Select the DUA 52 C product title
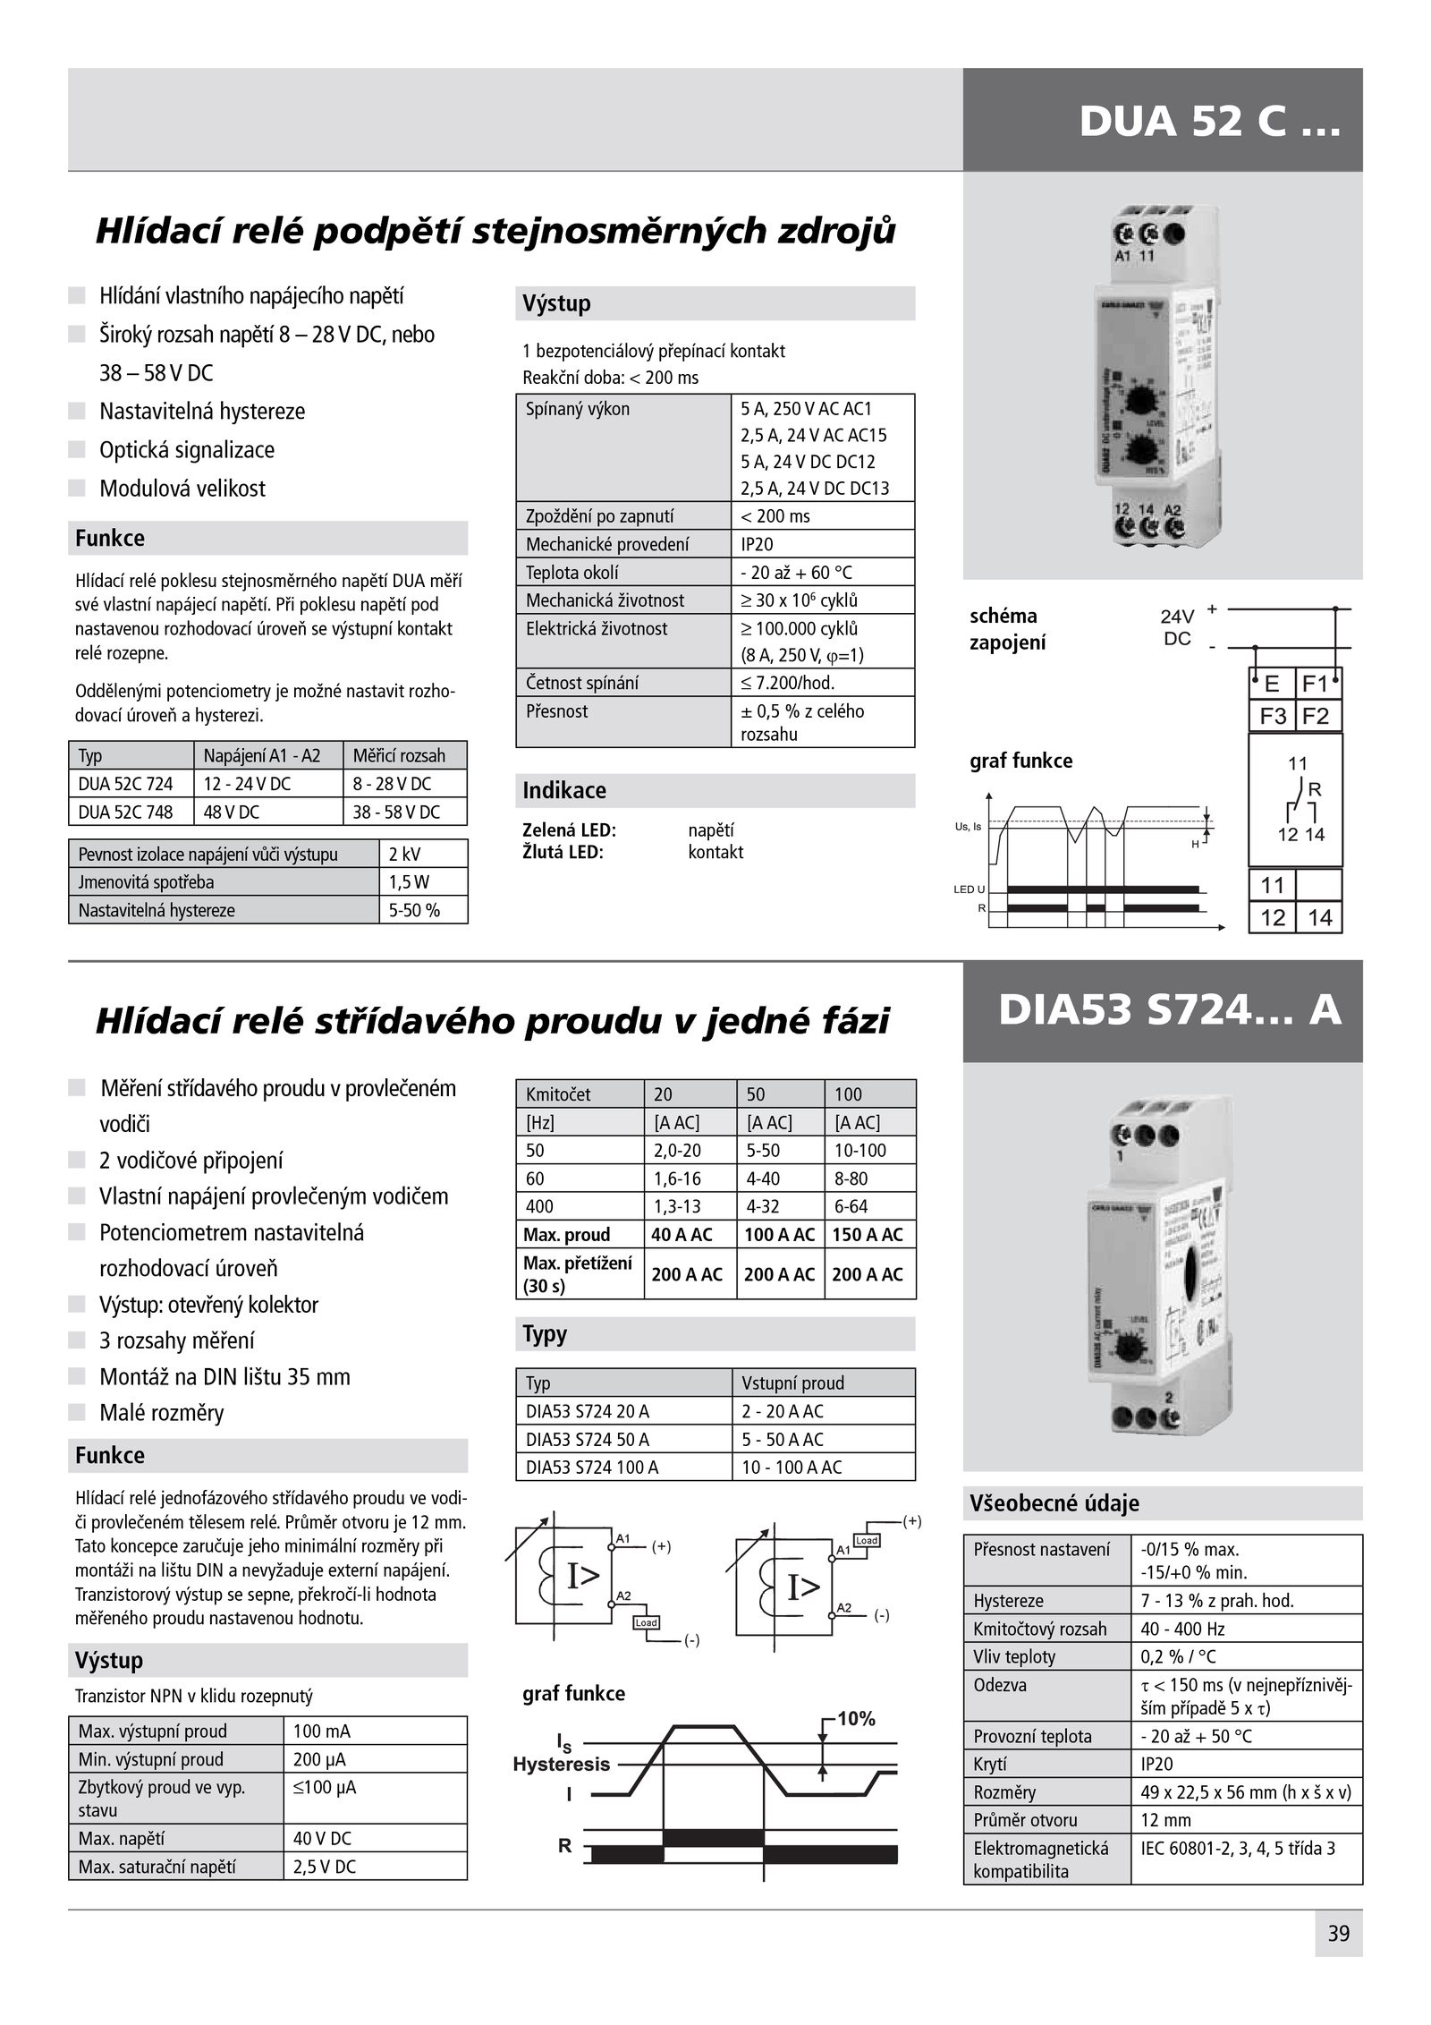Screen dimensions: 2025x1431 coord(1209,121)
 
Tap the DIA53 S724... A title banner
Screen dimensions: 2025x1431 coord(1169,1010)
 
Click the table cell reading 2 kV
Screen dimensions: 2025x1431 coord(422,854)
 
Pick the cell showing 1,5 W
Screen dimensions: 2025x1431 coord(422,882)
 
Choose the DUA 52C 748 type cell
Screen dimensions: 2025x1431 coord(131,812)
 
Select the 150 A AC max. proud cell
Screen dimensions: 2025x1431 coord(868,1235)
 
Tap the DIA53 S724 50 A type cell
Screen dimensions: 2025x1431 coord(623,1439)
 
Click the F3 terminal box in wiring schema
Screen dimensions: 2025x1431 coord(1272,716)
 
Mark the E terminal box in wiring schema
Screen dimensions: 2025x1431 coord(1272,685)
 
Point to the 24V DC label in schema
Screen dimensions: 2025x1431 coord(1177,627)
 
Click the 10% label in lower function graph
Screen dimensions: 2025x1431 coord(856,1718)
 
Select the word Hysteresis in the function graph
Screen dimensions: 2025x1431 coord(562,1764)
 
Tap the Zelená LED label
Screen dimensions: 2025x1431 coord(570,830)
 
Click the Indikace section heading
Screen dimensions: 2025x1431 coord(564,791)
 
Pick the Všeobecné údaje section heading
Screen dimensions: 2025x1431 coord(1054,1503)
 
